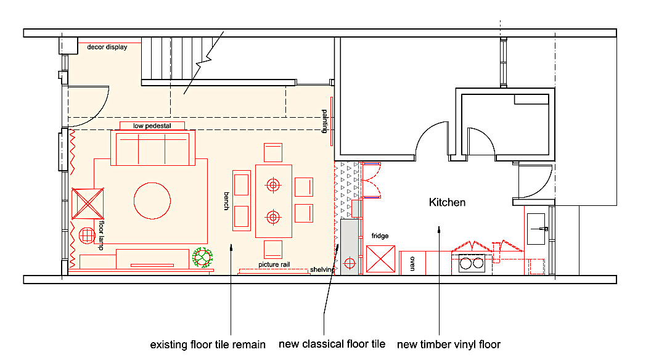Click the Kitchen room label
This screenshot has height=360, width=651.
[447, 202]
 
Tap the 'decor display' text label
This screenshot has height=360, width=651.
[107, 47]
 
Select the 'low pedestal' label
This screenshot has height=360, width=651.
[150, 126]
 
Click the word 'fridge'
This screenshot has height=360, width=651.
[380, 236]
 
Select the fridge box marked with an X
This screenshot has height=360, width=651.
[380, 259]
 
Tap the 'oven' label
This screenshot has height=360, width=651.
[412, 263]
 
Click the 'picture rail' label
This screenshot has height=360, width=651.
[274, 265]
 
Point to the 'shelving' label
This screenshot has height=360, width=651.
[322, 270]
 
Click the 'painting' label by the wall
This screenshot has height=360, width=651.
[325, 121]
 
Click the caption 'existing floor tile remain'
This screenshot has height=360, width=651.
[208, 345]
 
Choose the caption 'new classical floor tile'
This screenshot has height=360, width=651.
[332, 344]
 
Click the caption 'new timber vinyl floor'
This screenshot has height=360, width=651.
[448, 345]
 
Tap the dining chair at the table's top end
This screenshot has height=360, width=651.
[272, 152]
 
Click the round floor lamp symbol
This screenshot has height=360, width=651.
[86, 236]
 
